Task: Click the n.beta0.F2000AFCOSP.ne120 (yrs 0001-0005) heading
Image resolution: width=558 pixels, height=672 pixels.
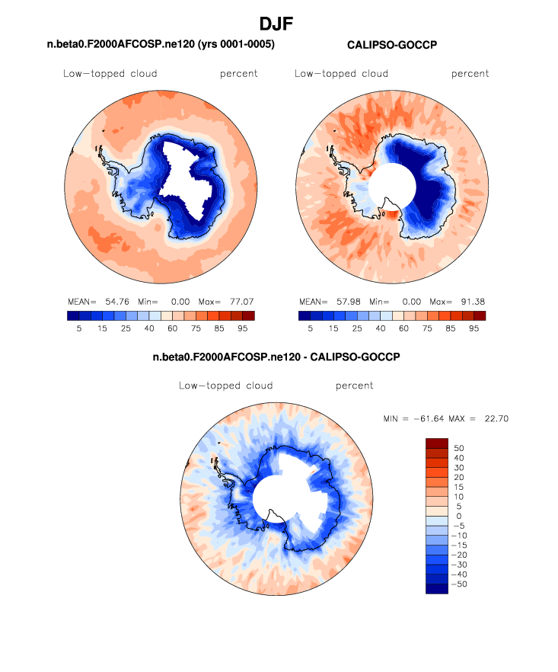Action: pyautogui.click(x=161, y=46)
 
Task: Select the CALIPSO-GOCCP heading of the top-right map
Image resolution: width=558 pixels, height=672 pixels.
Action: pyautogui.click(x=391, y=46)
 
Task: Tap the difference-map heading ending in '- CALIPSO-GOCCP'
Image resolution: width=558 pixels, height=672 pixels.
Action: pyautogui.click(x=276, y=357)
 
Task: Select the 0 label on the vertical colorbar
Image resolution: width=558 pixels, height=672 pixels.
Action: pyautogui.click(x=459, y=516)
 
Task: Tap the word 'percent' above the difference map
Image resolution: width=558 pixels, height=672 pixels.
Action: pyautogui.click(x=354, y=386)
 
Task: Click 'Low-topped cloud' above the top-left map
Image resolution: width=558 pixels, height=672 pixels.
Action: pyautogui.click(x=110, y=74)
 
